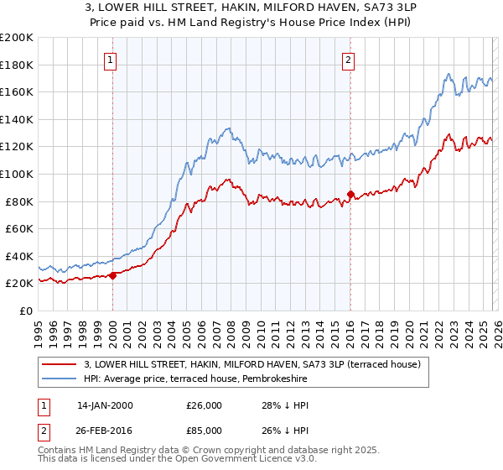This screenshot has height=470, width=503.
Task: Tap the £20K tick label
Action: (x=20, y=284)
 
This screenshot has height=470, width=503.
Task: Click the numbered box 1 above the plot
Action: (x=111, y=60)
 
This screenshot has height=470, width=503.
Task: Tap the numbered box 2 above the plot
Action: (x=348, y=60)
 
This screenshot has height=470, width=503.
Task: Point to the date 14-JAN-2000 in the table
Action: (x=105, y=405)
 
